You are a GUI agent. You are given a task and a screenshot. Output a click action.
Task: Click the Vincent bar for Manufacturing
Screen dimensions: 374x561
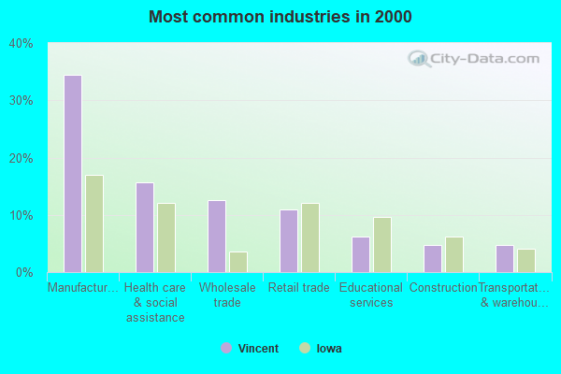[x=73, y=174]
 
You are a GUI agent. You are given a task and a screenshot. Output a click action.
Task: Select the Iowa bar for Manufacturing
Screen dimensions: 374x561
[x=94, y=223]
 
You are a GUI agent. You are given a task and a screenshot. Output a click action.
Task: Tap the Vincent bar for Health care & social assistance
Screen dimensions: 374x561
[x=145, y=227]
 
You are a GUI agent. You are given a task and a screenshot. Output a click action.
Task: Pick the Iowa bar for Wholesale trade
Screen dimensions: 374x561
[x=238, y=262]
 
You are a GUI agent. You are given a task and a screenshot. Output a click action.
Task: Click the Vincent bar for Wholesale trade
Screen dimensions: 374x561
[x=217, y=237]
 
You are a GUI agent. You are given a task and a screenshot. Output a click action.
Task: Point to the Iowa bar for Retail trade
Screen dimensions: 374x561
[x=310, y=237]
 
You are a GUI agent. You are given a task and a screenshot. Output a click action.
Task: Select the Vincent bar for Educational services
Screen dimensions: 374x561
[x=361, y=254]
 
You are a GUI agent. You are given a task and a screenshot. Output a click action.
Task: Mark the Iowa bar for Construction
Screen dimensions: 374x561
[x=454, y=254]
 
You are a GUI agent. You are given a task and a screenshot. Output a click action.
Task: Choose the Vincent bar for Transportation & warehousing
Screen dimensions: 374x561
[x=505, y=258]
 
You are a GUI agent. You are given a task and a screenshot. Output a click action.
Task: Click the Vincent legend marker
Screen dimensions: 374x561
[x=225, y=349]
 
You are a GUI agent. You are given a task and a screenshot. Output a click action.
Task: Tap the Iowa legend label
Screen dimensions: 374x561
[x=328, y=349]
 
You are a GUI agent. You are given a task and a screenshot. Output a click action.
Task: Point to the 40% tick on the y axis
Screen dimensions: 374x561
[x=22, y=43]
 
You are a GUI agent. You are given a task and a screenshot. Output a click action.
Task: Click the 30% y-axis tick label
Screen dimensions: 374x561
[x=22, y=100]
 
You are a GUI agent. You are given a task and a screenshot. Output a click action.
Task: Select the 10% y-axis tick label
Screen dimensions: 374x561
[x=22, y=215]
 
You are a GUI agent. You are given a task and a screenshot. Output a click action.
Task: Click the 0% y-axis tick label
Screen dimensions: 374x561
[x=25, y=272]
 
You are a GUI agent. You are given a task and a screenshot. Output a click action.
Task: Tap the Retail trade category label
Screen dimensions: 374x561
[x=299, y=288]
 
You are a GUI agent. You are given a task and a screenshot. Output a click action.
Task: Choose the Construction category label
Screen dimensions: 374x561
[x=443, y=288]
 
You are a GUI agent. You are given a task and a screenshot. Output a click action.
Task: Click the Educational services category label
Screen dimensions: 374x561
[x=371, y=295]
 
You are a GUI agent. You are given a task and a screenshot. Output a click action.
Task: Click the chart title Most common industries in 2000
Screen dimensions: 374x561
[x=280, y=17]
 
